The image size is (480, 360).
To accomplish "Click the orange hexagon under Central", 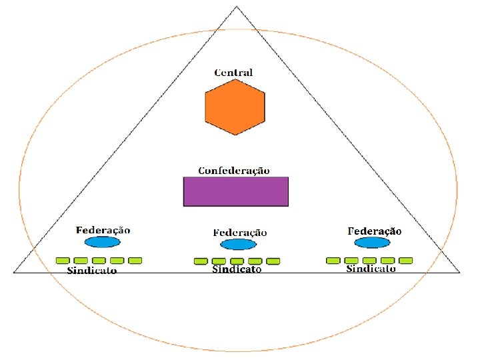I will pyautogui.click(x=235, y=106).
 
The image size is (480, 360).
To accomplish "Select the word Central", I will pyautogui.click(x=233, y=72).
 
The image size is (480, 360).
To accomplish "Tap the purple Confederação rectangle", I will pyautogui.click(x=236, y=191).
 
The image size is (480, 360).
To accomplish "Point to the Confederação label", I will pyautogui.click(x=234, y=170).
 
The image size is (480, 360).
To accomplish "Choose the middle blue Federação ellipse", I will pyautogui.click(x=237, y=245).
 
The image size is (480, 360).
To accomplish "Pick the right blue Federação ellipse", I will pyautogui.click(x=372, y=243).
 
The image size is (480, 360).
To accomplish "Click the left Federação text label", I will pyautogui.click(x=103, y=229).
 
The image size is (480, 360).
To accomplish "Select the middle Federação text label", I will pyautogui.click(x=240, y=232).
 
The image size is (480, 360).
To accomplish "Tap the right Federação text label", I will pyautogui.click(x=375, y=231).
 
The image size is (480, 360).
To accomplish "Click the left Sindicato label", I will pyautogui.click(x=92, y=271).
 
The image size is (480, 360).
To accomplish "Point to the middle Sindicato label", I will pyautogui.click(x=237, y=269).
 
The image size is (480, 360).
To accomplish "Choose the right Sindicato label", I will pyautogui.click(x=371, y=268).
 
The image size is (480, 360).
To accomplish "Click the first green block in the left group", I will pyautogui.click(x=62, y=260).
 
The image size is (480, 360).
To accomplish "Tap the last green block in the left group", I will pyautogui.click(x=135, y=260).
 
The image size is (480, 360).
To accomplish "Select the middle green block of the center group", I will pyautogui.click(x=237, y=261).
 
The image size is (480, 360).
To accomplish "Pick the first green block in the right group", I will pyautogui.click(x=333, y=259).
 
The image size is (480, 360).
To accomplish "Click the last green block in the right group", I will pyautogui.click(x=405, y=259).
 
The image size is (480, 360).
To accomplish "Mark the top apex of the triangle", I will pyautogui.click(x=237, y=7).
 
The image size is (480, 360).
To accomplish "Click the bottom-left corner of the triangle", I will pyautogui.click(x=14, y=272).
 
